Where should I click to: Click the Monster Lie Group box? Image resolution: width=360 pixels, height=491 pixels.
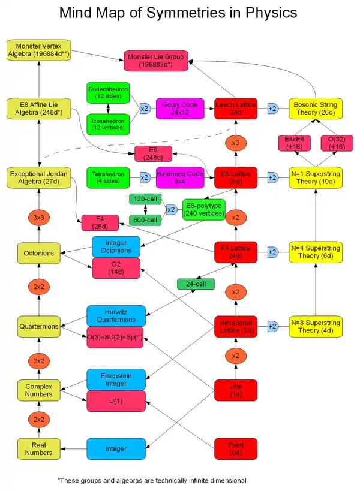(155, 60)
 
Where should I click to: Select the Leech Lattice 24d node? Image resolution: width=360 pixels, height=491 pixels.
(235, 109)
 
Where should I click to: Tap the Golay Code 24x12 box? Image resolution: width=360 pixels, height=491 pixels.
(176, 109)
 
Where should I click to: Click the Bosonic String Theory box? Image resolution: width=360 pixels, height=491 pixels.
(315, 109)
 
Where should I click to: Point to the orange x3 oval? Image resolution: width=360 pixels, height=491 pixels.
(235, 144)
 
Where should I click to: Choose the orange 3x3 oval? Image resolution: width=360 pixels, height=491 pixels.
(38, 217)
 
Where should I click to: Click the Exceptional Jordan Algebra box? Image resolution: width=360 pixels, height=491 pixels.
(38, 177)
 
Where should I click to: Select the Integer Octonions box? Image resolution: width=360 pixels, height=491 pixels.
(116, 246)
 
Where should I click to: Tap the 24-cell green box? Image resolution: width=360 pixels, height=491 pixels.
(196, 284)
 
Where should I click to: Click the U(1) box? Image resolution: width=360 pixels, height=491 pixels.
(116, 400)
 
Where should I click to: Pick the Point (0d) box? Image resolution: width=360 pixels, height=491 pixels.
(235, 447)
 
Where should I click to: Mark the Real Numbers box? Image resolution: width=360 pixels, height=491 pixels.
(38, 448)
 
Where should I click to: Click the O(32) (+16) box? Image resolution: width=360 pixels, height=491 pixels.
(336, 143)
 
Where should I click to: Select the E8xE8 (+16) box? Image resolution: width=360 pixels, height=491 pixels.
(294, 143)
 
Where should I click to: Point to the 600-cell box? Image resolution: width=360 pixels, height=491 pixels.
(146, 220)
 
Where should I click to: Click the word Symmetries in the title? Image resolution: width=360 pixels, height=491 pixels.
(180, 13)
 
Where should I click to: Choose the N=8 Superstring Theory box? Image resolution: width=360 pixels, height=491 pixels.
(315, 326)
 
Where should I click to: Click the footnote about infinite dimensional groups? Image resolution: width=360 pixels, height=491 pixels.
(151, 480)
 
